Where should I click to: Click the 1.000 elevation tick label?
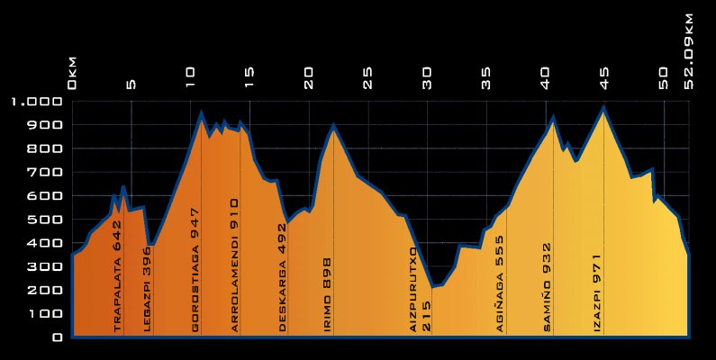click(x=35, y=102)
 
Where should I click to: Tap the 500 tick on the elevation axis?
click(x=45, y=220)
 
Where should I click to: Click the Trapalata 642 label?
click(x=117, y=286)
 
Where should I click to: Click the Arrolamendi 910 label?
click(x=235, y=265)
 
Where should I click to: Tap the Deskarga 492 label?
click(x=282, y=278)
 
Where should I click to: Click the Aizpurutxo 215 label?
click(x=421, y=288)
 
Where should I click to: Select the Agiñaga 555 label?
click(x=500, y=284)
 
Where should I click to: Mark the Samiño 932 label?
click(x=547, y=287)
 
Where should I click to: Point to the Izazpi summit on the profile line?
click(x=604, y=108)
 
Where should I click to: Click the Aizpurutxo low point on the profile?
click(x=433, y=287)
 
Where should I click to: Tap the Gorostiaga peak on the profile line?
click(x=201, y=112)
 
